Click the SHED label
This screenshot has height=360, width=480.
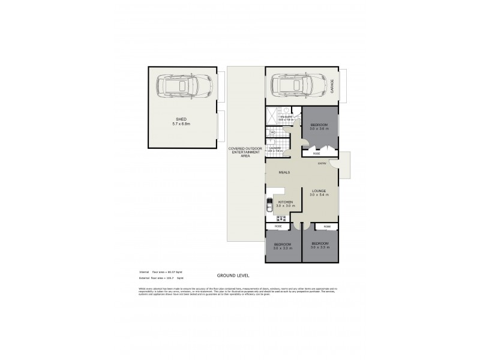(x=181, y=119)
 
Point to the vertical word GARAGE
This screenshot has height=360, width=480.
(x=337, y=85)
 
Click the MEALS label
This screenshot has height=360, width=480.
(x=284, y=172)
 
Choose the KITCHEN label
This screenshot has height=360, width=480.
(x=285, y=202)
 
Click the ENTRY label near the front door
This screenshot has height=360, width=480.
(x=322, y=162)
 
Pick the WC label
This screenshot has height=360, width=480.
(x=272, y=133)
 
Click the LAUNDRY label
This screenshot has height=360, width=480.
(x=275, y=148)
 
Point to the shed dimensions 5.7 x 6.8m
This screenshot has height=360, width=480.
(x=181, y=124)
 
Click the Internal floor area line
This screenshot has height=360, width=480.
(x=160, y=272)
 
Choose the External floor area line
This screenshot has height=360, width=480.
(x=160, y=279)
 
